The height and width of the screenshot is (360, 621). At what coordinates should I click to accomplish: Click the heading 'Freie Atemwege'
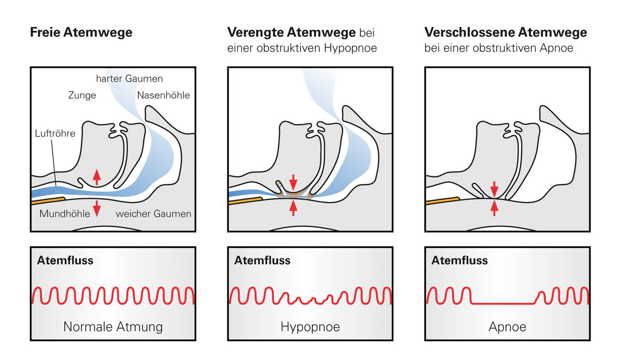point(81,33)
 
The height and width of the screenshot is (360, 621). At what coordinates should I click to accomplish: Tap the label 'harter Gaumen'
point(129,79)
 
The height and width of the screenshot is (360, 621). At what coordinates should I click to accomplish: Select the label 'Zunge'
point(82,95)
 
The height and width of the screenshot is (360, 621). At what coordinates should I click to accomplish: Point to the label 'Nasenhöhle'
point(164,95)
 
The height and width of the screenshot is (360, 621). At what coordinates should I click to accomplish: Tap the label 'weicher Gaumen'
point(153,214)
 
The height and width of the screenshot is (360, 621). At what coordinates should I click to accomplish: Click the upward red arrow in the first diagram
point(97,176)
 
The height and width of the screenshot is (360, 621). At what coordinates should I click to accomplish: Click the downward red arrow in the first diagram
point(97,209)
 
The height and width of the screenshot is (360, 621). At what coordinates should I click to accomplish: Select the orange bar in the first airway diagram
point(48,199)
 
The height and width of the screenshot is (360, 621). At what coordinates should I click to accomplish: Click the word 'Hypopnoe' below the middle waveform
point(310,327)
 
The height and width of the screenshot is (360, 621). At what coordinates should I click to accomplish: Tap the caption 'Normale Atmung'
point(113,327)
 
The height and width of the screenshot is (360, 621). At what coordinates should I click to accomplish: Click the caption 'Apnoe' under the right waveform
point(507,327)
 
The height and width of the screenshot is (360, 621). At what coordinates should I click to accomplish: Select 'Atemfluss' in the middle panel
point(262,260)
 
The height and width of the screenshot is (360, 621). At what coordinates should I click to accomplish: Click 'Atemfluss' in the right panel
point(460,260)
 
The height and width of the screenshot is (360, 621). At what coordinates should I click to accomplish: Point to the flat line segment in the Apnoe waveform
point(502,302)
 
